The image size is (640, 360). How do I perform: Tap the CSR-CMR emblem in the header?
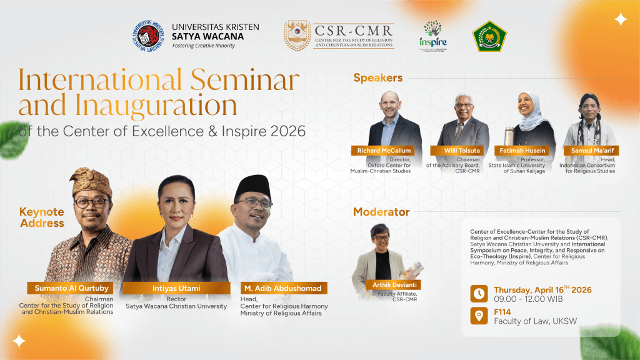pyautogui.click(x=297, y=36)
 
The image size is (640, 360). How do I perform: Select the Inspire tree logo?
pyautogui.click(x=432, y=36)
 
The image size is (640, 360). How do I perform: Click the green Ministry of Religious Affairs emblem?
pyautogui.click(x=489, y=36)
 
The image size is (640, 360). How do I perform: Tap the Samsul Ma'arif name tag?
pyautogui.click(x=589, y=151)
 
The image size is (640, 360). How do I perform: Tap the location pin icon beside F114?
pyautogui.click(x=479, y=316)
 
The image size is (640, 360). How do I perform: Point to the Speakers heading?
pyautogui.click(x=377, y=78)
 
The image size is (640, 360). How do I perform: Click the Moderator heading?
pyautogui.click(x=381, y=212)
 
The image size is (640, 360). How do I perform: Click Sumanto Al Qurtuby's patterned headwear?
pyautogui.click(x=92, y=182)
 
